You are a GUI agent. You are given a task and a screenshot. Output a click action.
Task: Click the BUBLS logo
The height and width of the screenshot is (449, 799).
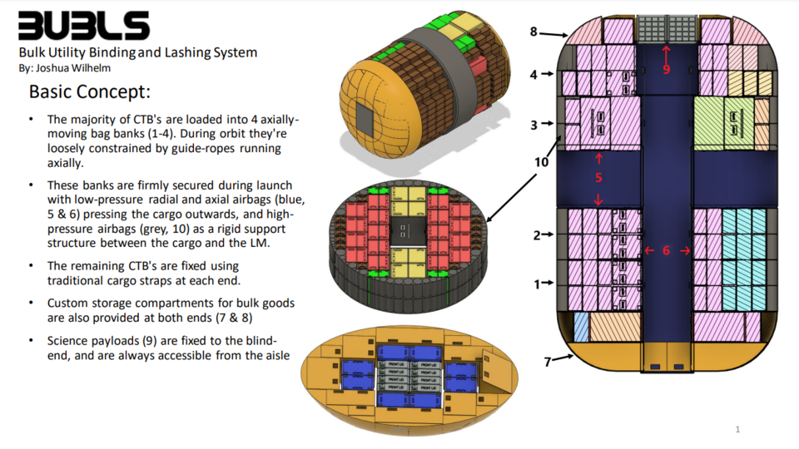click(x=84, y=26)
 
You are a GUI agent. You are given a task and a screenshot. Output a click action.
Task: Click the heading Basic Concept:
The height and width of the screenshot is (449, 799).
click(x=89, y=91)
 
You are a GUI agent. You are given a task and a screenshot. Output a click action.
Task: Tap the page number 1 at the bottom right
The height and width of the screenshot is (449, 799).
click(x=737, y=429)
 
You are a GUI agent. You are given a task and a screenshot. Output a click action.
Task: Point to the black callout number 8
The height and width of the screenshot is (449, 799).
click(x=533, y=32)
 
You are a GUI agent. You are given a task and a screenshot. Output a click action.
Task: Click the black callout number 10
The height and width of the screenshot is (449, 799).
click(x=542, y=162)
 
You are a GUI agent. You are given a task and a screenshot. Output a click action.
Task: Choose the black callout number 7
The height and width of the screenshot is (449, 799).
click(x=547, y=362)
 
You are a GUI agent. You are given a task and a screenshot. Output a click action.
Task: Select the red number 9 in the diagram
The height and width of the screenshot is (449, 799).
click(x=666, y=70)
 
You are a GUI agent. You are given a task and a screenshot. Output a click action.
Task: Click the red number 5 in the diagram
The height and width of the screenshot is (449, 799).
click(x=598, y=178)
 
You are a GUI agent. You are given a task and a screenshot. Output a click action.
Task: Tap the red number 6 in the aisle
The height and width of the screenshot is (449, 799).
click(x=666, y=250)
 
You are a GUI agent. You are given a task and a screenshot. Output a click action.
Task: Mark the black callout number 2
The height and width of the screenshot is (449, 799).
click(x=537, y=235)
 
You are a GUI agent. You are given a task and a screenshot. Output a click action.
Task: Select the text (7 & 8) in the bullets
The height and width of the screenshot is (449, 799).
click(x=255, y=318)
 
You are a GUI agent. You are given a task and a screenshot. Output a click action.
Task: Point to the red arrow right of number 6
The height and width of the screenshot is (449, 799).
click(x=684, y=250)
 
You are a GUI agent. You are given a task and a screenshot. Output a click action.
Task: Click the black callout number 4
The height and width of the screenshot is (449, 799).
click(x=533, y=74)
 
